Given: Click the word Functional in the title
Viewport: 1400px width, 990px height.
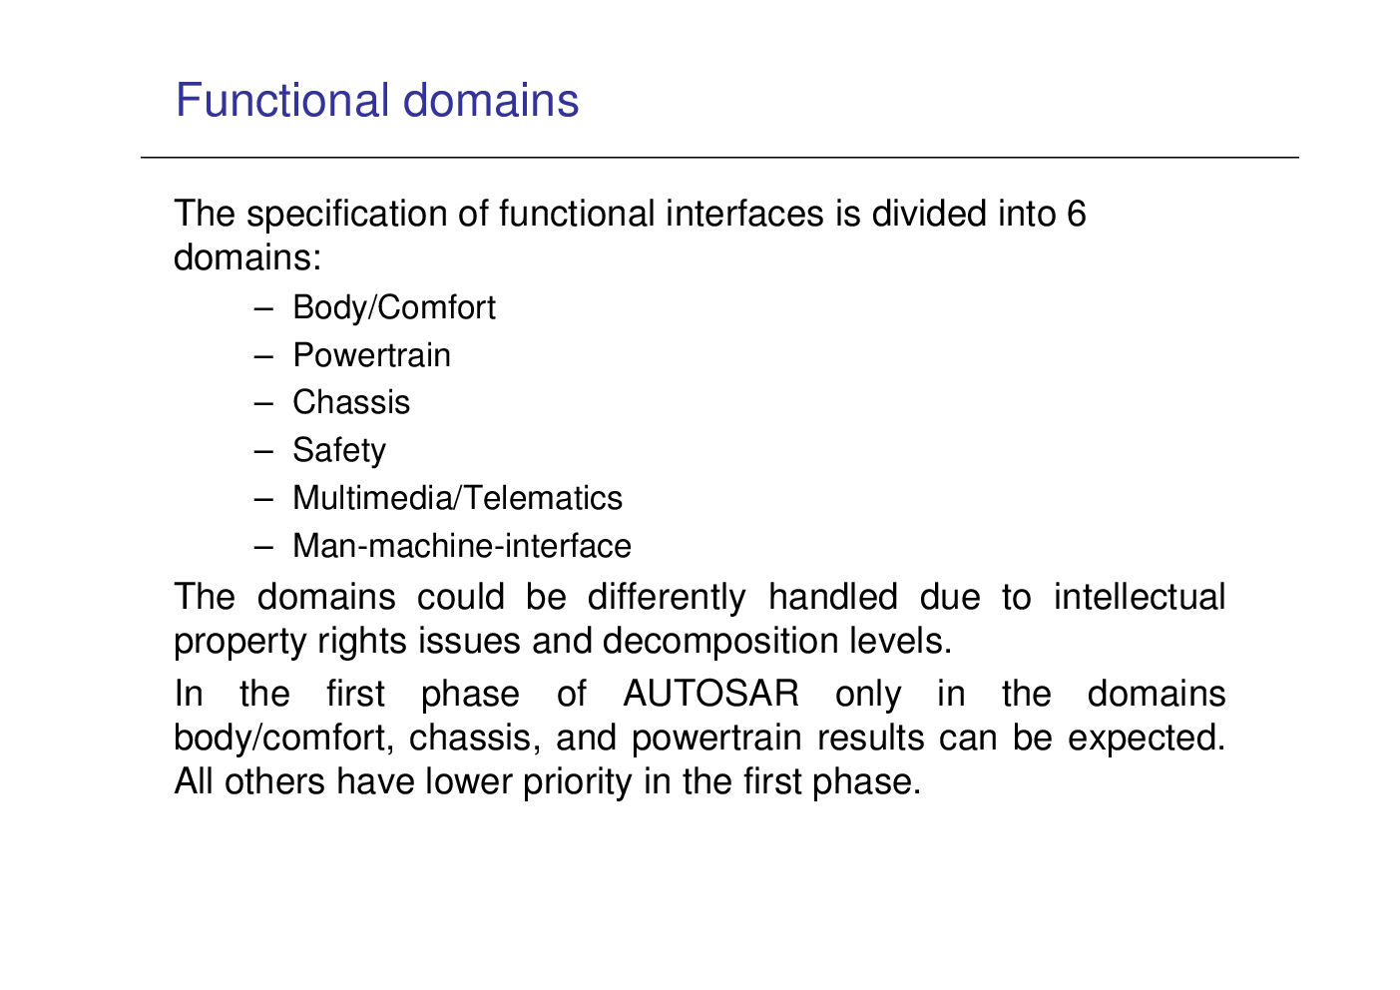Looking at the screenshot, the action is pos(282,100).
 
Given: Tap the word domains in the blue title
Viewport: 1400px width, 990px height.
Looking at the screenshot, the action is pos(491,100).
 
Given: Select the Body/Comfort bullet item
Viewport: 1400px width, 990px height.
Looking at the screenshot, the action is pos(394,308).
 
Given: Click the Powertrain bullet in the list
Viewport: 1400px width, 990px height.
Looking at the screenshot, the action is pos(371,355).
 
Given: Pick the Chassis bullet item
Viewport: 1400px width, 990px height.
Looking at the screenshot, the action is pos(351,402).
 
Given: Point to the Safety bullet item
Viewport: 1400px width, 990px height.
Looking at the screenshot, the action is pos(339,451).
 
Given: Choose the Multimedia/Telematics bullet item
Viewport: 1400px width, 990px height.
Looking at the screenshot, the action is pos(457,498).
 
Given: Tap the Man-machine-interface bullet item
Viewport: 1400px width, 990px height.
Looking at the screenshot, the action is pos(462,546).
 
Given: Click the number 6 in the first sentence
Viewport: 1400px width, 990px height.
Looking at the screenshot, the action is pos(1077,214).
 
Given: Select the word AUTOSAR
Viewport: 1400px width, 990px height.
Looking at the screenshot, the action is pos(711,694).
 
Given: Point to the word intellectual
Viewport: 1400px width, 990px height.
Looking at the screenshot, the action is pos(1140,596).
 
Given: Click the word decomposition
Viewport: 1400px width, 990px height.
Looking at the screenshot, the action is pos(720,643).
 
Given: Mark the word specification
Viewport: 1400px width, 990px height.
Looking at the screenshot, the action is pos(347,215).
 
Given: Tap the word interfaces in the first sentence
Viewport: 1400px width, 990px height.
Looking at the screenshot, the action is pos(744,214).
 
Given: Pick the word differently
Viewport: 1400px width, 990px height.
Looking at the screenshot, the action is pos(667,598).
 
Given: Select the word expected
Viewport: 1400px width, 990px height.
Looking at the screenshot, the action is pos(1147,740).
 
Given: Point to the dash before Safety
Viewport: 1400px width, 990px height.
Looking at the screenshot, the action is pos(263,451).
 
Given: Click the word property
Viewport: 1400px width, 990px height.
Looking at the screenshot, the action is pos(240,643).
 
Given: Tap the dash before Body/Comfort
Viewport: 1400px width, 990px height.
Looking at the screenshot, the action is pos(263,308).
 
